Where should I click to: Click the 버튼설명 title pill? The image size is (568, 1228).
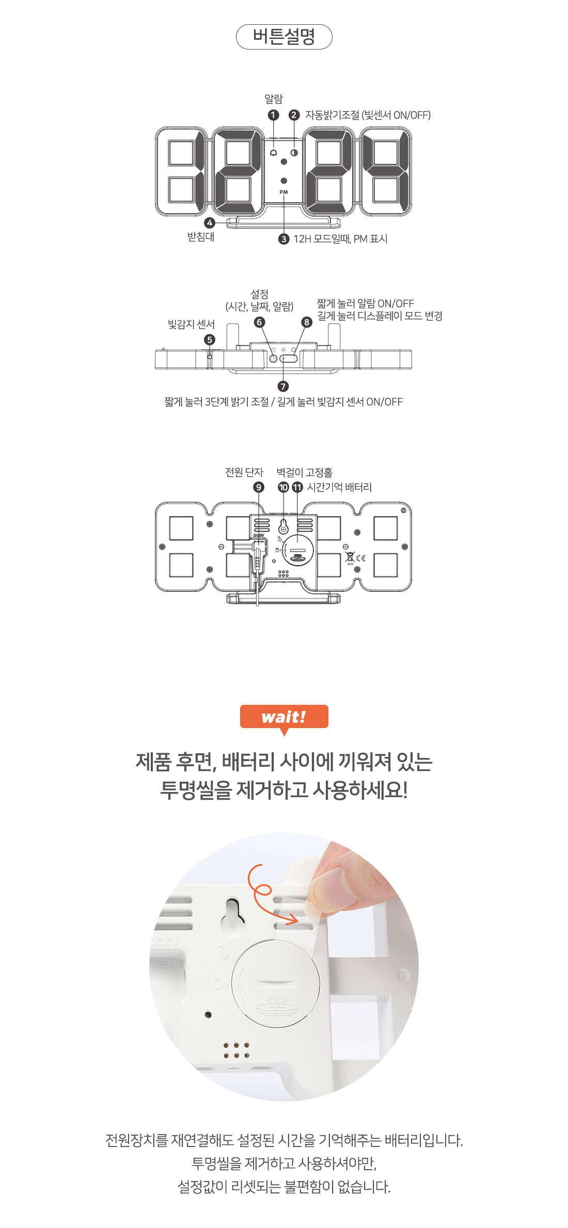click(284, 37)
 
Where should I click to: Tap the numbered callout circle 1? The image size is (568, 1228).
click(274, 115)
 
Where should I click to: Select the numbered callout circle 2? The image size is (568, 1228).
click(294, 115)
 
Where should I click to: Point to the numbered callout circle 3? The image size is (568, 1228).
click(283, 239)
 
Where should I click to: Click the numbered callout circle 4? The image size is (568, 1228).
click(210, 223)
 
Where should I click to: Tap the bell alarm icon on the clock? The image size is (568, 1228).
click(274, 153)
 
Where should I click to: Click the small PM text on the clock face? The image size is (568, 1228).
click(284, 192)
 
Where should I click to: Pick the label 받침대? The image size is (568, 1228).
click(201, 237)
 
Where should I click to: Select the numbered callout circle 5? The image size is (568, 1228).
click(210, 340)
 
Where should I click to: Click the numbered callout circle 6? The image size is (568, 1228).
click(260, 322)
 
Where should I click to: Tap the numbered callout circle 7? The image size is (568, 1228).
click(283, 386)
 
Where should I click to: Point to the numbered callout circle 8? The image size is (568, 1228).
click(307, 322)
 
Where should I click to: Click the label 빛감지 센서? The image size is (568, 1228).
click(191, 324)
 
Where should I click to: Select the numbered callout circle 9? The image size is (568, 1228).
click(259, 487)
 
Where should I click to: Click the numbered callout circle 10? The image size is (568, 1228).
click(283, 487)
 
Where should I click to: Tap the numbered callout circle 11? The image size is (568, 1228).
click(297, 487)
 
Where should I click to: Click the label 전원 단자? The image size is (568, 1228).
click(244, 472)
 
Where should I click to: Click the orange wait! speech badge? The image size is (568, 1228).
click(284, 717)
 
